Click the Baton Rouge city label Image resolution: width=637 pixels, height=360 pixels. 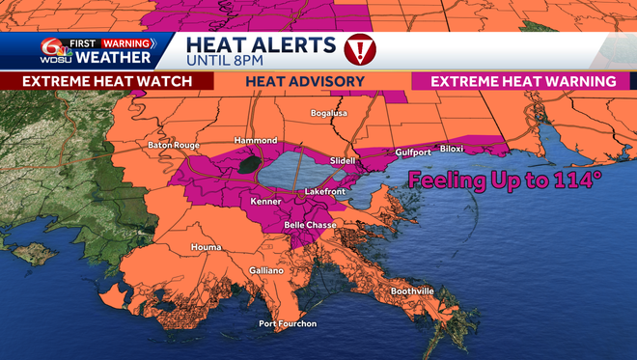tap(173, 146)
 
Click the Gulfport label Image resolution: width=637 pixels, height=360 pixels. tap(413, 152)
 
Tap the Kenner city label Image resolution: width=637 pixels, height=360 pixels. tap(265, 203)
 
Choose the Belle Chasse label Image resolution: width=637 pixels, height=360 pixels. tap(309, 225)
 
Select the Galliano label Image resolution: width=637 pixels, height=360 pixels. tap(266, 271)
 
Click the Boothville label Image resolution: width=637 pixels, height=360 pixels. tap(412, 291)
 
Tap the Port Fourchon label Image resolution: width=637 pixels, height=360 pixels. tap(287, 323)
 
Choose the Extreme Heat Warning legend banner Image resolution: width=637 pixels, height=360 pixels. tap(523, 81)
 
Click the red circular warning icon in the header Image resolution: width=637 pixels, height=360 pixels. tap(360, 47)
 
